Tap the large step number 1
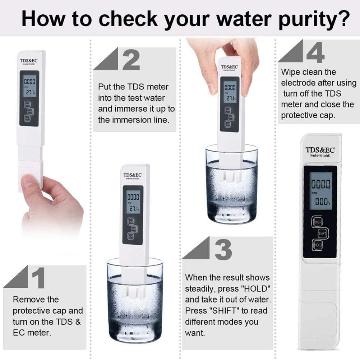tap(38, 278)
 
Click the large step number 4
tap(315, 52)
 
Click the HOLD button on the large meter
tap(318, 245)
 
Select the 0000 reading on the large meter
tap(320, 184)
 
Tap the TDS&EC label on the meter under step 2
tap(133, 175)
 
